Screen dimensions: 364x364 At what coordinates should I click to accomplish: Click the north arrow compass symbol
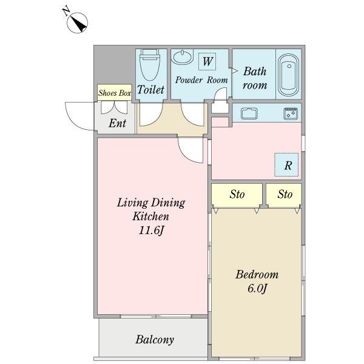click(77, 22)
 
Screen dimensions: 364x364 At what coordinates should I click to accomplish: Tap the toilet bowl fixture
click(150, 64)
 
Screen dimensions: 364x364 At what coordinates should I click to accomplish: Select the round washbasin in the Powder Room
click(182, 57)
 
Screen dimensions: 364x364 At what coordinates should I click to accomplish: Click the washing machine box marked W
click(207, 61)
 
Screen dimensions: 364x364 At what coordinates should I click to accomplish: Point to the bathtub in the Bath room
click(289, 75)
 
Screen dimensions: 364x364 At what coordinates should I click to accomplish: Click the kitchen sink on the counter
click(249, 113)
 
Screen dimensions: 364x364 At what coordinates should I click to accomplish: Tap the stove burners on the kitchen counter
click(291, 113)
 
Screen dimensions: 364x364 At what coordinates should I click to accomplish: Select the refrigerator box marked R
click(286, 164)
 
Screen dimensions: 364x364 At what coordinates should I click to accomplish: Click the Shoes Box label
click(115, 93)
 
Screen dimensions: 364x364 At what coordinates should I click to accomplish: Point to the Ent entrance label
click(117, 123)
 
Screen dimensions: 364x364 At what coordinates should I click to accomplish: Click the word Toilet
click(150, 89)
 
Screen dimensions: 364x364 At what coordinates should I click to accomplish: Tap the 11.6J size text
click(151, 231)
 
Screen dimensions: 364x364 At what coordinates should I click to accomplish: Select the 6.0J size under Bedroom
click(257, 289)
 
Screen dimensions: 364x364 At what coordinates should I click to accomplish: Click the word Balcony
click(155, 339)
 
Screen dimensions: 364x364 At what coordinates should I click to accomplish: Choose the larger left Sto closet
click(237, 194)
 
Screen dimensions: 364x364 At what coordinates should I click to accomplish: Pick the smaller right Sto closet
click(284, 194)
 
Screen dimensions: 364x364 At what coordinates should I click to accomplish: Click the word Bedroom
click(257, 275)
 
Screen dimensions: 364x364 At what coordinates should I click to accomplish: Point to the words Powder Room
click(201, 80)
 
